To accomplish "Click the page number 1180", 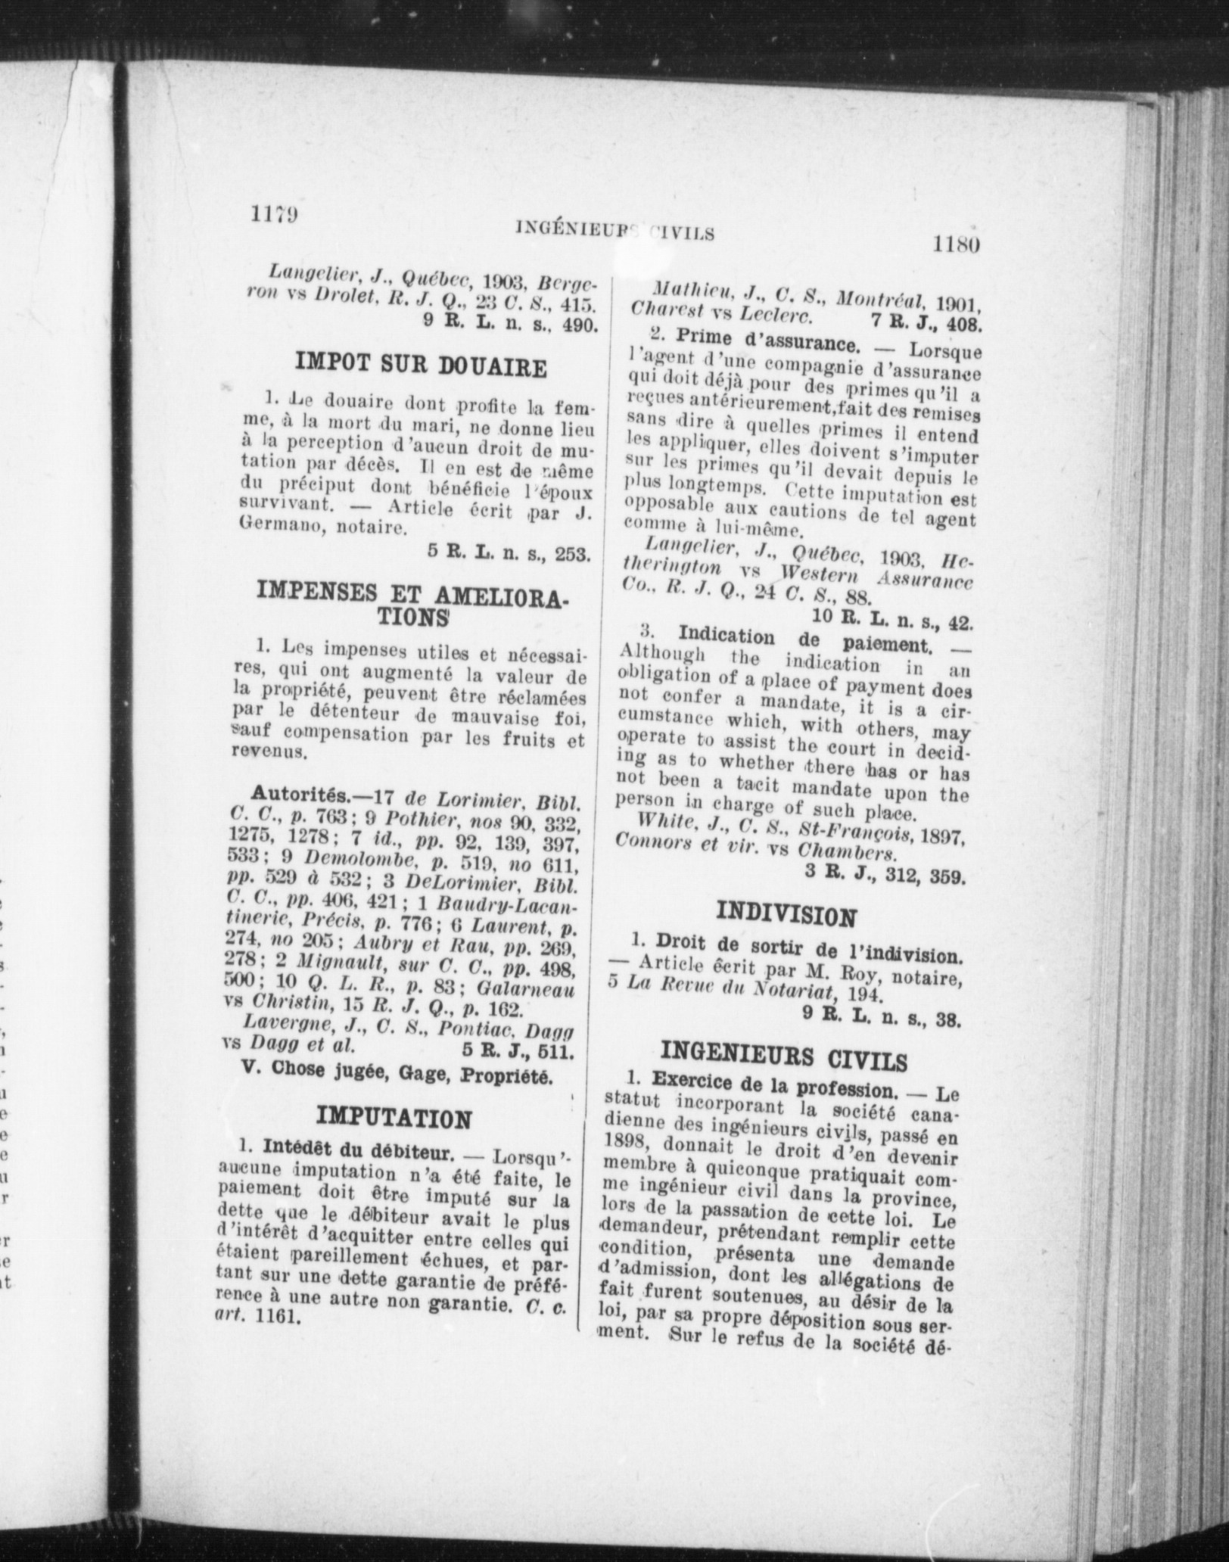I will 957,245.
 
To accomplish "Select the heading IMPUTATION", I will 394,1118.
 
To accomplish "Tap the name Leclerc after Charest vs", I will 783,313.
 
